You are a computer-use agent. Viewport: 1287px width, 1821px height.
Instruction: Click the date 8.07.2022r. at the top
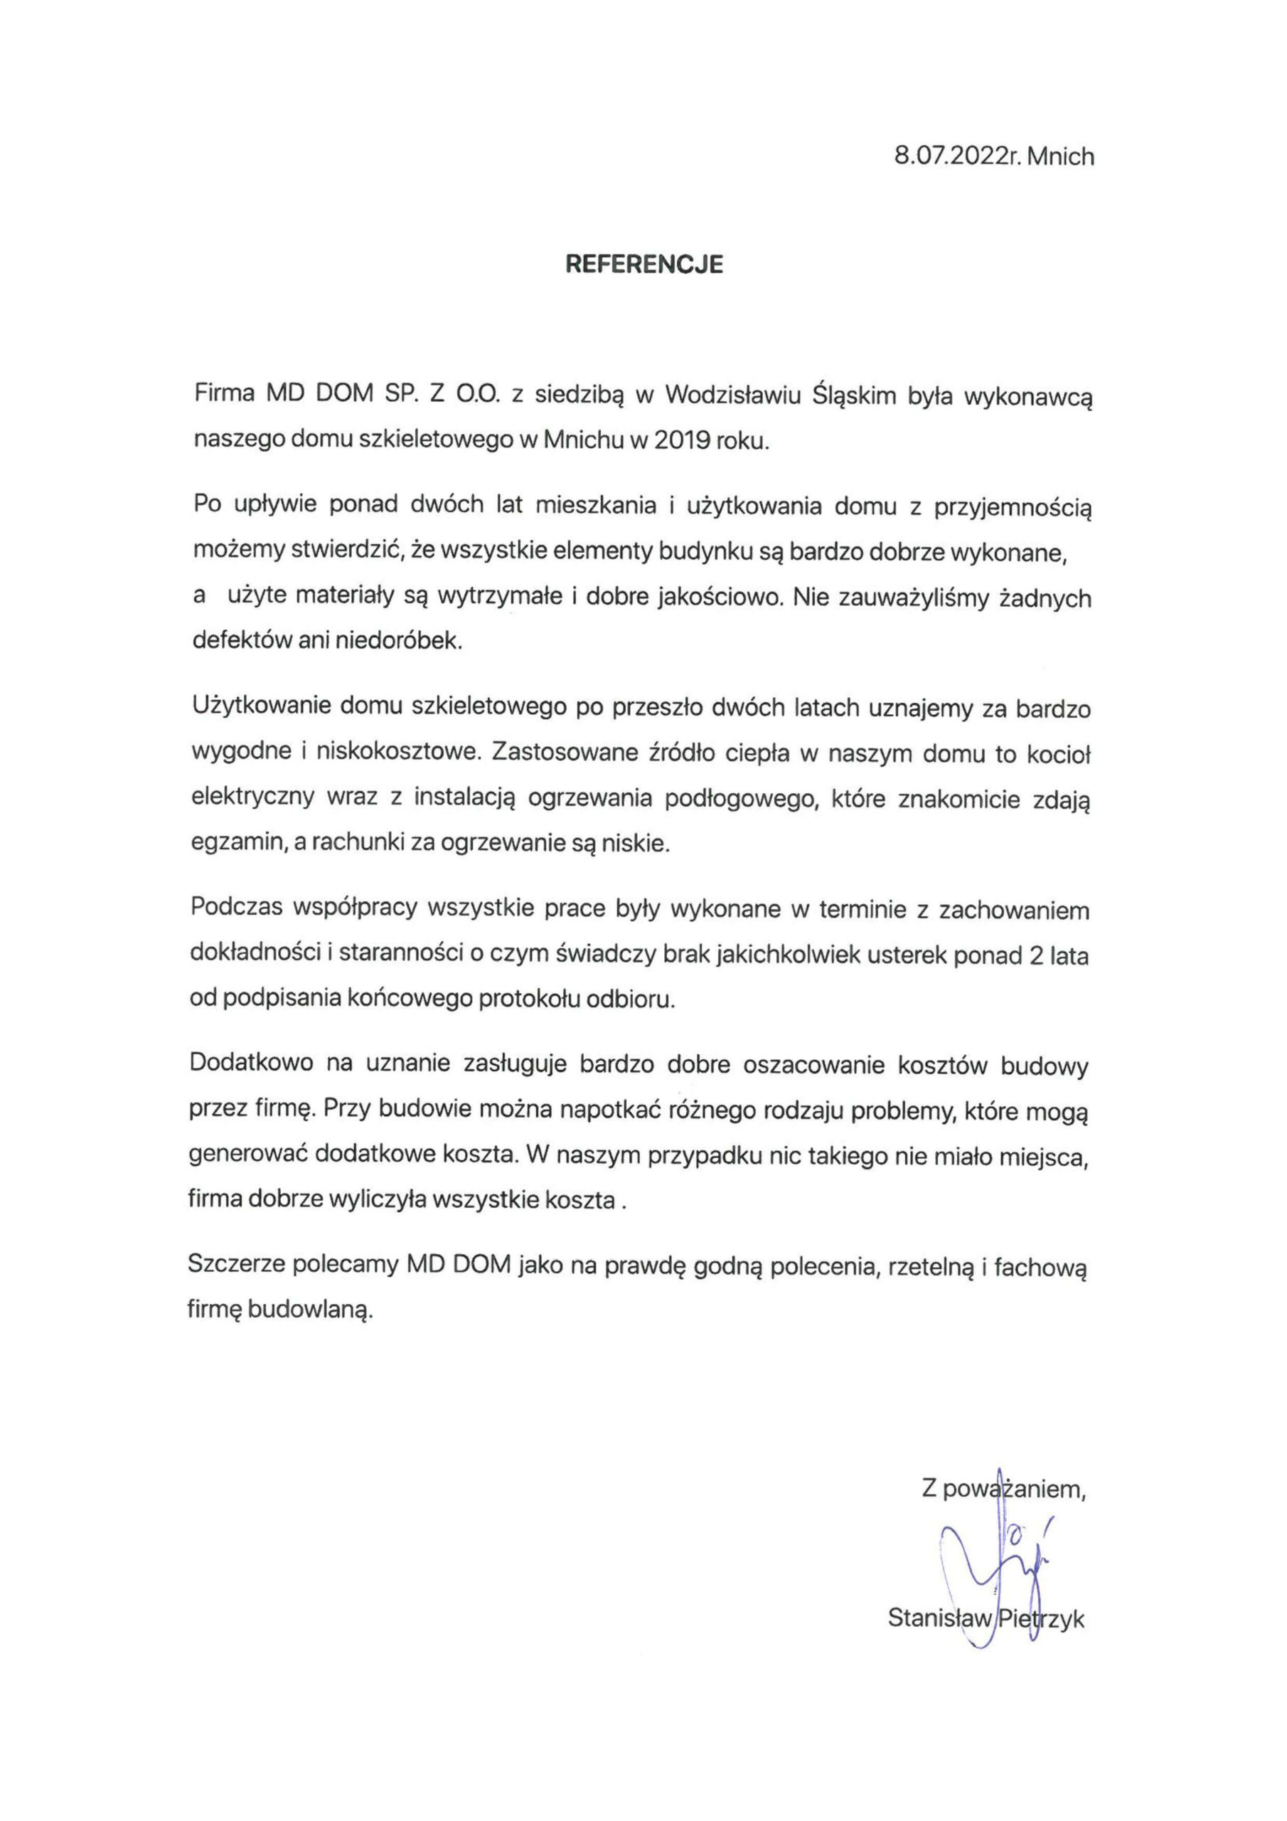956,156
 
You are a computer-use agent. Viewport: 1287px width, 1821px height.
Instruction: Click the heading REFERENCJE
644,264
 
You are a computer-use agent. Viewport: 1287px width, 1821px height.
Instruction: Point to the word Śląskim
866,395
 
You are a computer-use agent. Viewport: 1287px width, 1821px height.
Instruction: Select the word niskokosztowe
399,752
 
